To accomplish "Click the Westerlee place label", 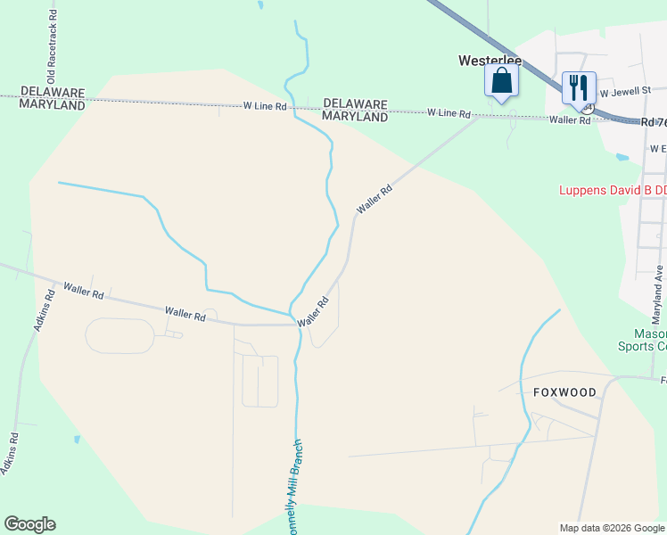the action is pos(490,62).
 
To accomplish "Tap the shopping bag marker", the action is pos(502,82).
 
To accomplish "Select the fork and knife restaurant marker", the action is pos(579,87).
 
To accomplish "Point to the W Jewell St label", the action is pos(627,91).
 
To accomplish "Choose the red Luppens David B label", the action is pos(612,190).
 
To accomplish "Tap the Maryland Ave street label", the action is pos(658,294).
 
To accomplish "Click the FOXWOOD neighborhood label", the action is pos(564,391).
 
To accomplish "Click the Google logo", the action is pos(29,524).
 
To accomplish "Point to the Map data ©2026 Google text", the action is pos(612,528).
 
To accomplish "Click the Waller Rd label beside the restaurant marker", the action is pos(570,119).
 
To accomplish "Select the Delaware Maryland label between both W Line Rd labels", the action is pos(355,110).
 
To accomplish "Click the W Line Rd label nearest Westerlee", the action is pos(448,113).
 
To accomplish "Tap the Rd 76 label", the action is pos(654,121).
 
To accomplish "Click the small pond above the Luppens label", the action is pos(622,158).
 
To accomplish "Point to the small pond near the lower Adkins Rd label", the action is pos(77,440).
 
